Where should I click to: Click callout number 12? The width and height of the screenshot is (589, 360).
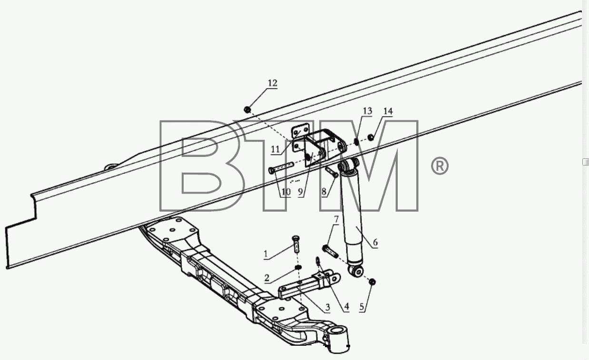pyautogui.click(x=273, y=83)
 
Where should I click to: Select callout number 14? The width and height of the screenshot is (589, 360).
pyautogui.click(x=388, y=111)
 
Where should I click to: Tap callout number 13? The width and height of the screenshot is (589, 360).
pyautogui.click(x=367, y=111)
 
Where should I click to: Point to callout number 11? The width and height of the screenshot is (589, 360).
pyautogui.click(x=275, y=149)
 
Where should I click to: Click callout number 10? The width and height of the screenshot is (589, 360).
pyautogui.click(x=286, y=192)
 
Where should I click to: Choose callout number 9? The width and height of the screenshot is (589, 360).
pyautogui.click(x=301, y=192)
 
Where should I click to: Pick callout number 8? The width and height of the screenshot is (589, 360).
pyautogui.click(x=324, y=192)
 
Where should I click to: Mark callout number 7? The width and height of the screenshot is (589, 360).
pyautogui.click(x=336, y=219)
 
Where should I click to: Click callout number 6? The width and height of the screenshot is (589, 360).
pyautogui.click(x=375, y=242)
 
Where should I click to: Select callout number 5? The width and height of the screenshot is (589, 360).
pyautogui.click(x=362, y=307)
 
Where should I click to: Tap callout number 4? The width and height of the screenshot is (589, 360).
pyautogui.click(x=346, y=306)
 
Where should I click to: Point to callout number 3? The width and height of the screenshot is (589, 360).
pyautogui.click(x=327, y=307)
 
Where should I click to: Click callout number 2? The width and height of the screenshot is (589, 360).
pyautogui.click(x=267, y=278)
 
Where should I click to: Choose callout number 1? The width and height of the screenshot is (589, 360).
pyautogui.click(x=265, y=254)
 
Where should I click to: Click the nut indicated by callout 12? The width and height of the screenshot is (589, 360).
pyautogui.click(x=247, y=109)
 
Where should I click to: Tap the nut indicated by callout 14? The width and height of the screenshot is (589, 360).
pyautogui.click(x=371, y=137)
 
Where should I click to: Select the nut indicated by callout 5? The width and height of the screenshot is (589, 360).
pyautogui.click(x=372, y=282)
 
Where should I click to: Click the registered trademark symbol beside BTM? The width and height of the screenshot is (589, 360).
pyautogui.click(x=440, y=166)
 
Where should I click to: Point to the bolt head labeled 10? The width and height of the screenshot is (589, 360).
pyautogui.click(x=272, y=171)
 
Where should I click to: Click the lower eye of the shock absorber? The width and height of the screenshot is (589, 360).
pyautogui.click(x=356, y=271)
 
